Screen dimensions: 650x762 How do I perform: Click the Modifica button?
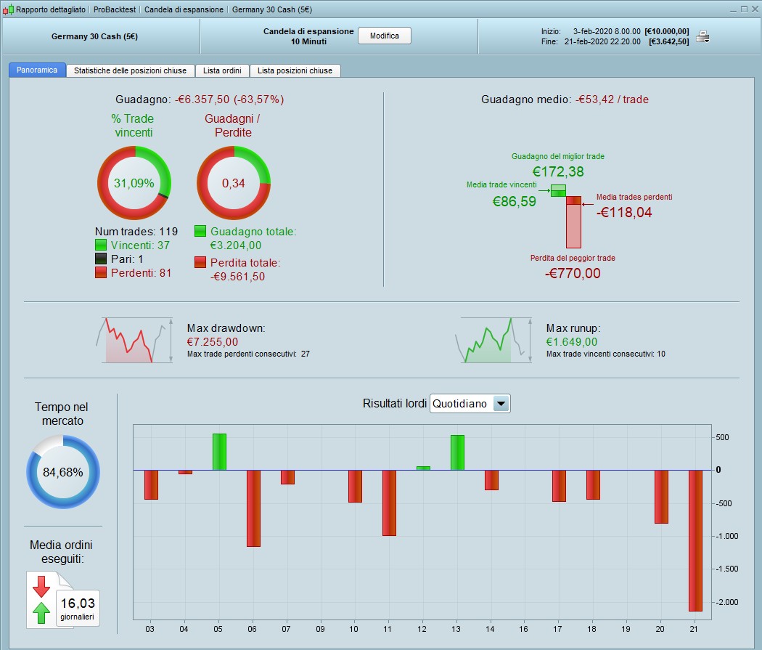coord(384,36)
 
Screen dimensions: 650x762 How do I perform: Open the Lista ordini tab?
coord(222,70)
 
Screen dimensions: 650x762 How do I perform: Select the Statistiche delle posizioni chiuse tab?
coord(130,70)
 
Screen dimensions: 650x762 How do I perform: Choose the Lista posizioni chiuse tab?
coord(295,70)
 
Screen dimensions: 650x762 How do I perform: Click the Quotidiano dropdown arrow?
coord(501,404)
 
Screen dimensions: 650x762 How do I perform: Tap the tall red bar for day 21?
coord(695,540)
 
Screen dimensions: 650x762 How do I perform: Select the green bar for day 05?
coord(219,452)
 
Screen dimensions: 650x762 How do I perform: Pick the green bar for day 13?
coord(457,452)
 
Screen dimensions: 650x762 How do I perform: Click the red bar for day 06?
coord(253,508)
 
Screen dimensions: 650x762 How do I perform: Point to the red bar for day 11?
coord(389,503)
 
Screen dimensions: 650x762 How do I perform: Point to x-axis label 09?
coord(321,628)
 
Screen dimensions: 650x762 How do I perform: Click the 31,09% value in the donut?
coord(134,183)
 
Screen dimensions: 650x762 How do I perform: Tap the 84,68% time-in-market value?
coord(63,472)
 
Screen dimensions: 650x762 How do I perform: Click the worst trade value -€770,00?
coord(573,273)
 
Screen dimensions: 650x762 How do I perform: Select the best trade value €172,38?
coord(557,172)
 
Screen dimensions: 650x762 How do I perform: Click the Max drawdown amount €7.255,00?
coord(212,341)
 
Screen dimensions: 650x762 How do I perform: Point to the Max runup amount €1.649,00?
coord(572,341)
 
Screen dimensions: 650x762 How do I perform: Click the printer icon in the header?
coord(702,36)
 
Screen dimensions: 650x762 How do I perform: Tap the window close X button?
coord(753,9)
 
